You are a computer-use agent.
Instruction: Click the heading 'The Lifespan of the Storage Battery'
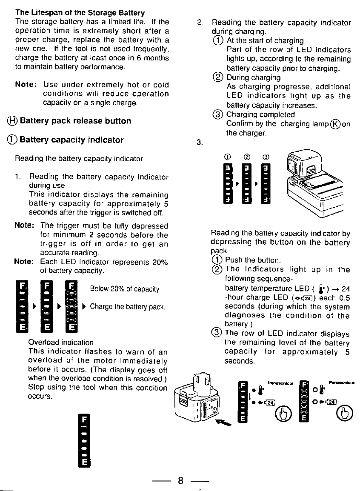pyautogui.click(x=80, y=13)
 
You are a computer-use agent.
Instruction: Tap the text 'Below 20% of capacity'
pyautogui.click(x=125, y=289)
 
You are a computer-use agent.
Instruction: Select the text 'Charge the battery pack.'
pyautogui.click(x=127, y=306)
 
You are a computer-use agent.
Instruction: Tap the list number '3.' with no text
pyautogui.click(x=200, y=142)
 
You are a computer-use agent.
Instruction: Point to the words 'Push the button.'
pyautogui.click(x=253, y=260)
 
